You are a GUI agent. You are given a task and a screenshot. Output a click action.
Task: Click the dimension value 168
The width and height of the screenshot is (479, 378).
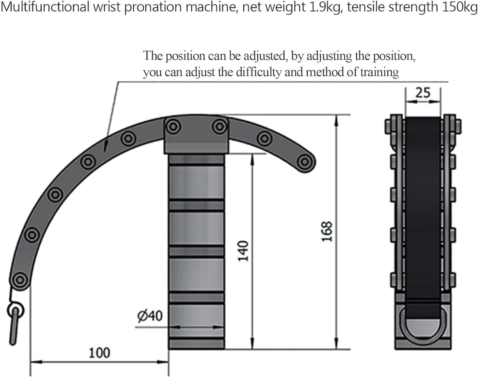327,231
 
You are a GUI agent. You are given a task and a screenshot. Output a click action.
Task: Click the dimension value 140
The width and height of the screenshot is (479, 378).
243,251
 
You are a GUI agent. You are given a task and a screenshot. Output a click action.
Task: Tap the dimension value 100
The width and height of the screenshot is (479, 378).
99,353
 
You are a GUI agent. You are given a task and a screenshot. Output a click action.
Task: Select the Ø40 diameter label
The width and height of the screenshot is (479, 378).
150,316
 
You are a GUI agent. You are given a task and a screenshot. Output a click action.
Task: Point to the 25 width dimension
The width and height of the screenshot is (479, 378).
423,93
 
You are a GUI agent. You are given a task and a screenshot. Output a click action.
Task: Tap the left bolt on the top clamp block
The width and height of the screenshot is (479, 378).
173,127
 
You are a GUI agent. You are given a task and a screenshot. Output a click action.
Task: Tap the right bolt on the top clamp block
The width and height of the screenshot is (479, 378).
220,127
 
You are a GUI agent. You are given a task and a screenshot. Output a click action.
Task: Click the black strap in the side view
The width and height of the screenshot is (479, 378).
423,208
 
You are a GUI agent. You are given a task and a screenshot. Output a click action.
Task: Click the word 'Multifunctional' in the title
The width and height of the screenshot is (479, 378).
45,7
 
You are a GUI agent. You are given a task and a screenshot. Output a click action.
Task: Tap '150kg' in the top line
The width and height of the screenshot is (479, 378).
460,7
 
